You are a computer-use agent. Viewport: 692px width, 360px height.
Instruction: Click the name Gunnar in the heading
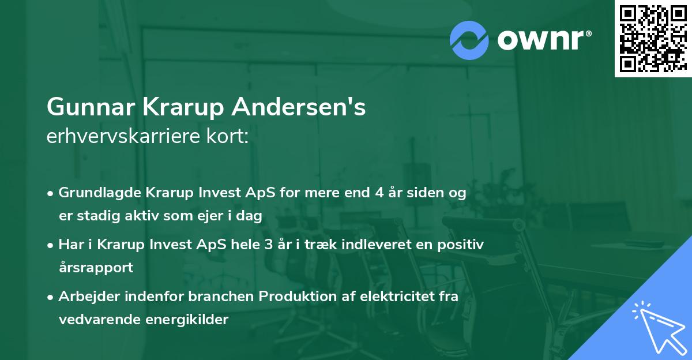(84, 107)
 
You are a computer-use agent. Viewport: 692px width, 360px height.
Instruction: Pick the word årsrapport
(96, 267)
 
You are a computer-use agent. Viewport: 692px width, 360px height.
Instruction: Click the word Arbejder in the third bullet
(85, 297)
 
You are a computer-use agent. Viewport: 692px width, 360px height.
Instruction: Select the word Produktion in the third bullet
(294, 297)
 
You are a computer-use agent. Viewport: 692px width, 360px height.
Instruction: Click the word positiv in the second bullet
(462, 245)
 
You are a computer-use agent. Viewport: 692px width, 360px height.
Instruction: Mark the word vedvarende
(92, 319)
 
